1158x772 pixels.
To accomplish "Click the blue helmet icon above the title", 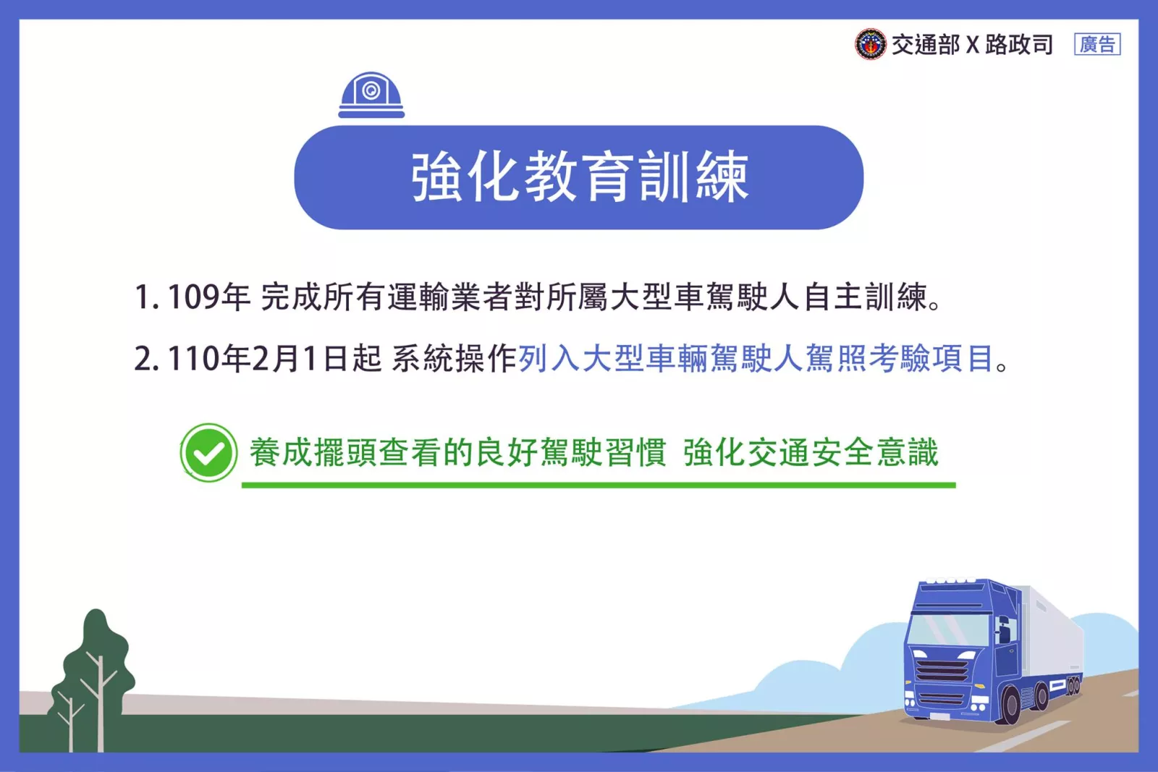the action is coord(371,95).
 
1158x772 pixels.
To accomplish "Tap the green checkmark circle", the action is coord(208,453).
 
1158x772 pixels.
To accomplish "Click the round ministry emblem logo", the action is coord(870,44).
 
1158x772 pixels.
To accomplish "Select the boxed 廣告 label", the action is coord(1097,44).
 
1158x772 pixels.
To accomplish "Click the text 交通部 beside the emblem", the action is coord(926,44).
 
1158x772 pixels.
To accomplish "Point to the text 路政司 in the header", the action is coord(1018,44).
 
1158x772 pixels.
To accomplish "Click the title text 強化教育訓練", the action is coord(580,177).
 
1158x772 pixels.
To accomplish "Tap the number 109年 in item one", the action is coord(208,297).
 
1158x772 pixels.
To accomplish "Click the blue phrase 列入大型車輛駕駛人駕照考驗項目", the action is coord(756,358).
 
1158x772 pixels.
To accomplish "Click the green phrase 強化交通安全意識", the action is coord(810,453).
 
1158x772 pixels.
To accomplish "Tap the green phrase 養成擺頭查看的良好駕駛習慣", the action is coord(458,453).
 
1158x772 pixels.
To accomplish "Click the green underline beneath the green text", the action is coord(599,485).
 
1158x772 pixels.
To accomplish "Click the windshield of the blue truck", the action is coord(949,629).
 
